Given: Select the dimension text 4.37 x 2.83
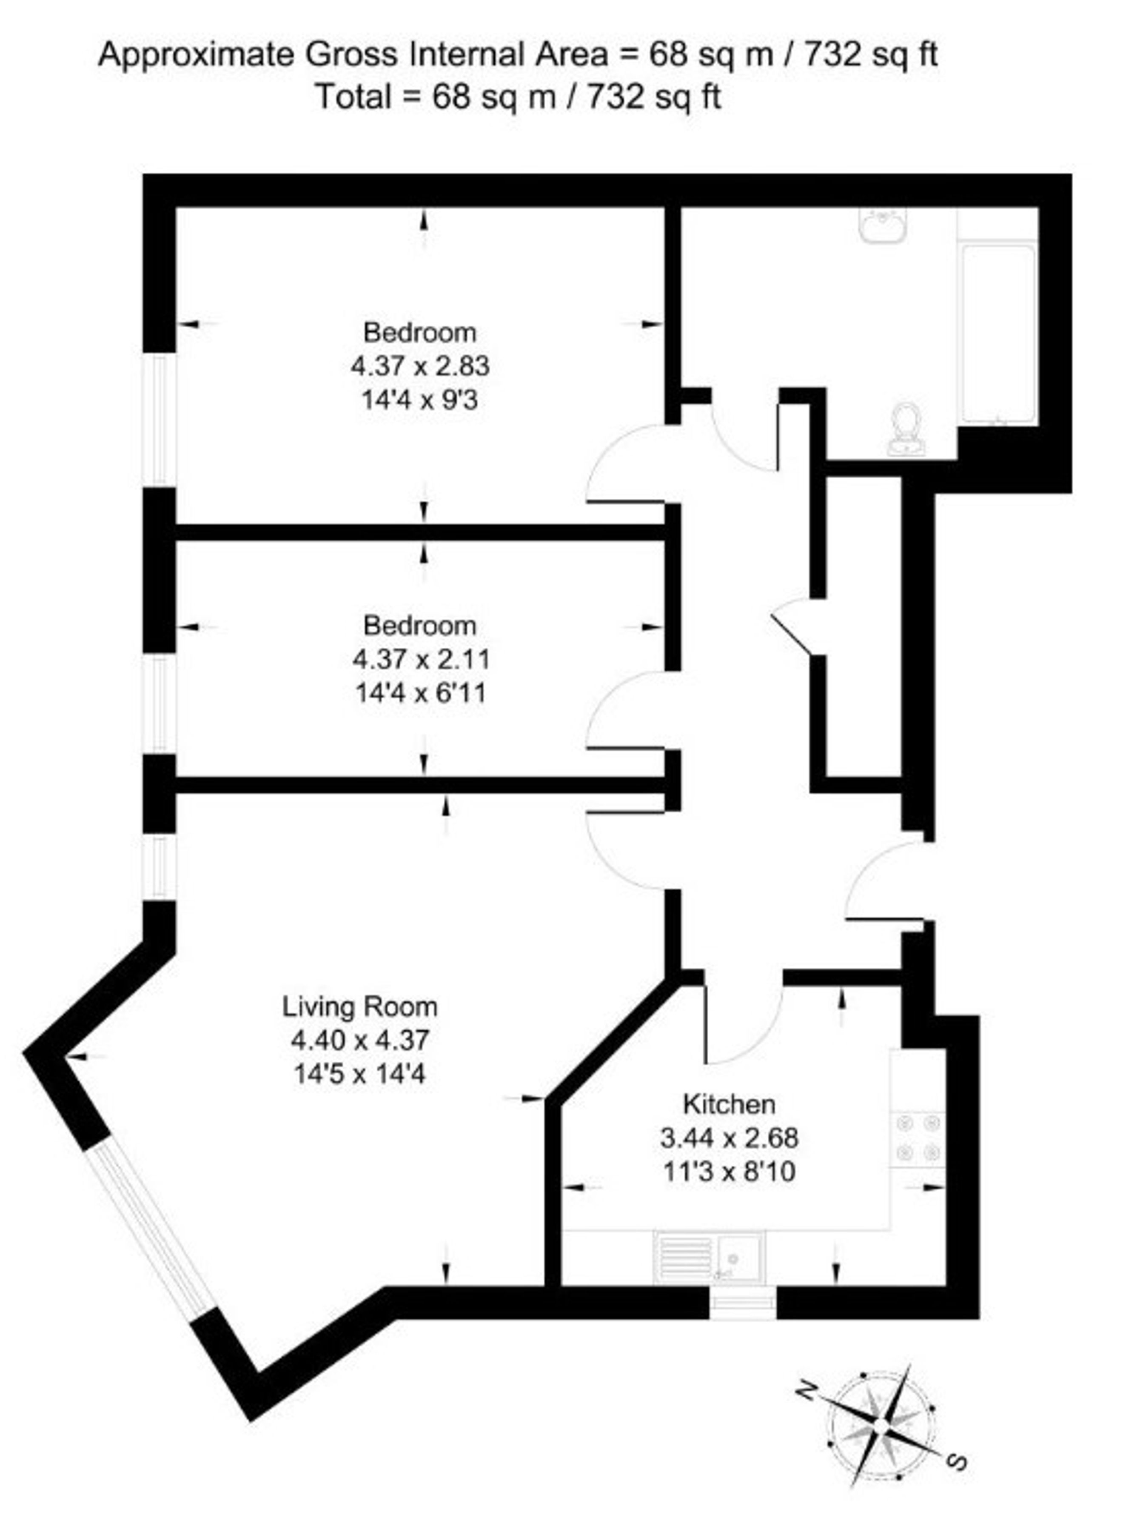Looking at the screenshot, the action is (420, 366).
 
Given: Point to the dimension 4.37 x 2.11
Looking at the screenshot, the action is (420, 659).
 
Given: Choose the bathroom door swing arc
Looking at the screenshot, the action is (741, 439).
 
